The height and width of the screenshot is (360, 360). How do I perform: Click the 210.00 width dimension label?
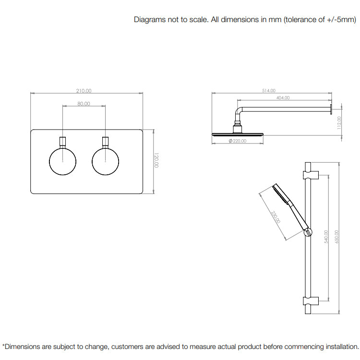(x=84, y=91)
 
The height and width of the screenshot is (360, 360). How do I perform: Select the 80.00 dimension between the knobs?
(x=84, y=104)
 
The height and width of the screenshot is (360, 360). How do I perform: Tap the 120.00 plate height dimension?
(x=156, y=160)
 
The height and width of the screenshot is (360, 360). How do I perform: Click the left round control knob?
(x=63, y=162)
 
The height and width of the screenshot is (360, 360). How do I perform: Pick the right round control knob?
(x=106, y=162)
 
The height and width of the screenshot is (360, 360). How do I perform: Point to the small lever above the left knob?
(x=63, y=143)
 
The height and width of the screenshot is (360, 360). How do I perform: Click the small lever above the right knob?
(x=106, y=143)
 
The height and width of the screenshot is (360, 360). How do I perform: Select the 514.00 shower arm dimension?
(x=269, y=91)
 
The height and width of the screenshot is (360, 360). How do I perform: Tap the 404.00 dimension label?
(x=283, y=98)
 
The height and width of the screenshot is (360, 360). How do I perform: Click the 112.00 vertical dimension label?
(x=339, y=123)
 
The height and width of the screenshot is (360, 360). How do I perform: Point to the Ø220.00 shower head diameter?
(x=238, y=141)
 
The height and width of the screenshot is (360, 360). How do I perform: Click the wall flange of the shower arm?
(x=331, y=109)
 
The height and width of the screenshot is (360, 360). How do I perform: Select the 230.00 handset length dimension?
(x=276, y=217)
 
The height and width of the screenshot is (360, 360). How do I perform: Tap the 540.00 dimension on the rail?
(x=326, y=237)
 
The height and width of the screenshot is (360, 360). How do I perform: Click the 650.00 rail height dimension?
(x=336, y=237)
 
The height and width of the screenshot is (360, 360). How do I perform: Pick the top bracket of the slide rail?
(x=311, y=175)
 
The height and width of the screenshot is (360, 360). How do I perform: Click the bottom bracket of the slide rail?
(x=311, y=301)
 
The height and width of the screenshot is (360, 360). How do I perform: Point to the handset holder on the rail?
(x=308, y=232)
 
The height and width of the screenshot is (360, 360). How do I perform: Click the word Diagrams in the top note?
(x=150, y=20)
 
